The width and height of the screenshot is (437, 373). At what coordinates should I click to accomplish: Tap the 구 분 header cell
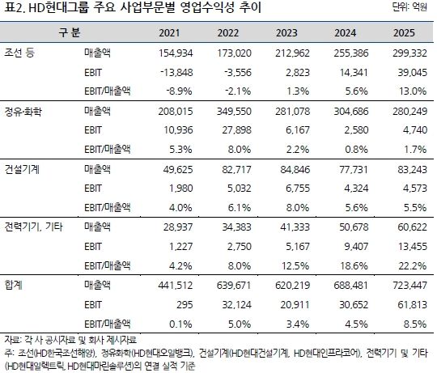[70, 34]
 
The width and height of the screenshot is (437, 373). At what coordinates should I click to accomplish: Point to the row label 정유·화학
[26, 109]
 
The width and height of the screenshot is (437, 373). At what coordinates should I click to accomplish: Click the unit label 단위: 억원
[411, 9]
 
